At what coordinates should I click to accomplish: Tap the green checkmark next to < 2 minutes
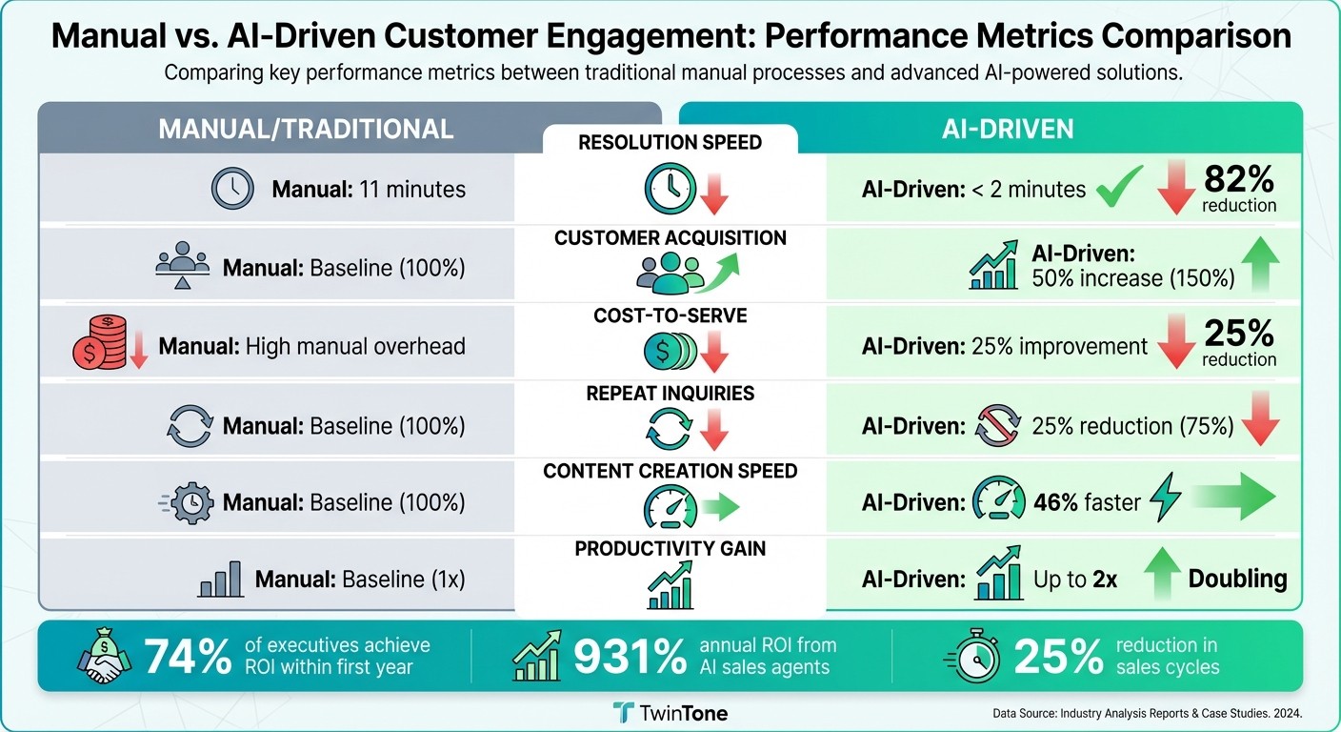1120,189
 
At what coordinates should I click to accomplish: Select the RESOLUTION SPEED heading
670,143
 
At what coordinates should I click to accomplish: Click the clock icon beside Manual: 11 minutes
230,189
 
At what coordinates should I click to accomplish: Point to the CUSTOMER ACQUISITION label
670,237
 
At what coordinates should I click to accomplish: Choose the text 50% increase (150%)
1132,279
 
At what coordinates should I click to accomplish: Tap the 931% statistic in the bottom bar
630,657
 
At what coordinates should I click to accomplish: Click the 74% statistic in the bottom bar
188,657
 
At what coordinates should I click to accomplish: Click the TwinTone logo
670,713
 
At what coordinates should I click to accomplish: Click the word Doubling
1237,579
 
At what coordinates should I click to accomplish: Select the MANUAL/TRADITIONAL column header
306,129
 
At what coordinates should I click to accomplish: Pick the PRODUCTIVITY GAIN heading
670,549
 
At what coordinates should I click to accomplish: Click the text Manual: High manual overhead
311,345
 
